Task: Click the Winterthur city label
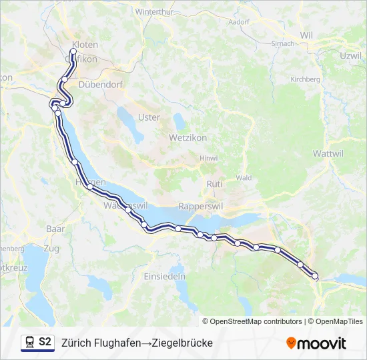(x=154, y=12)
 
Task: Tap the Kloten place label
(x=85, y=45)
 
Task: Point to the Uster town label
(x=149, y=117)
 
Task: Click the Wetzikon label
(x=188, y=137)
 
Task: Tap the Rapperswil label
(x=200, y=207)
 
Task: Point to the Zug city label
(x=51, y=248)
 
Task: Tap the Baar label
(x=55, y=228)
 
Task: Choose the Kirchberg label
(x=305, y=79)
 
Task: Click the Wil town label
(x=306, y=35)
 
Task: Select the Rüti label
(x=214, y=183)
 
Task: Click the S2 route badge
(x=45, y=342)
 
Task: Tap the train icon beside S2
(x=29, y=342)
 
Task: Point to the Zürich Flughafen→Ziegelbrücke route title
(x=137, y=343)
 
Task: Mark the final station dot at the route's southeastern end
(x=315, y=276)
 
